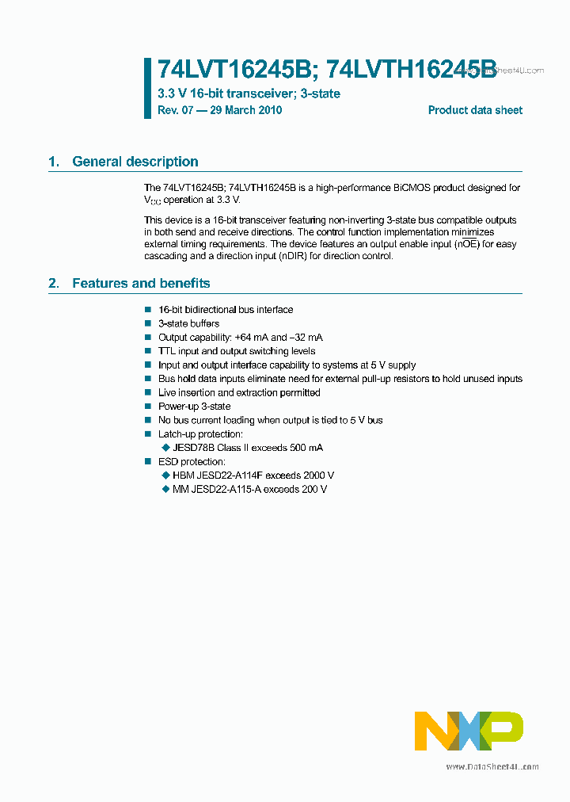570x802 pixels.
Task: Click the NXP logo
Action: click(469, 731)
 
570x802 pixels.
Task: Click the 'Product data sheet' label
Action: click(475, 110)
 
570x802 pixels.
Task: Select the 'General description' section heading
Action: click(135, 162)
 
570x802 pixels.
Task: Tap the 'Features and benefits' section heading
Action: click(141, 283)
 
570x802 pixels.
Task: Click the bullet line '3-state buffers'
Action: click(188, 323)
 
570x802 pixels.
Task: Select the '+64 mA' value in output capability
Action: click(253, 338)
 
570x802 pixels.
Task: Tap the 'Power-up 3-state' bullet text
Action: click(194, 407)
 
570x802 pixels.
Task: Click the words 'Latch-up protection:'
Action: click(200, 434)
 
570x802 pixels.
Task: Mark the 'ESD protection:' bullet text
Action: click(192, 462)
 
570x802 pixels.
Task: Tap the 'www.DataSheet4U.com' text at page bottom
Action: click(492, 767)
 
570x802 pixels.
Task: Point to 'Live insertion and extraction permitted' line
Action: click(239, 393)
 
